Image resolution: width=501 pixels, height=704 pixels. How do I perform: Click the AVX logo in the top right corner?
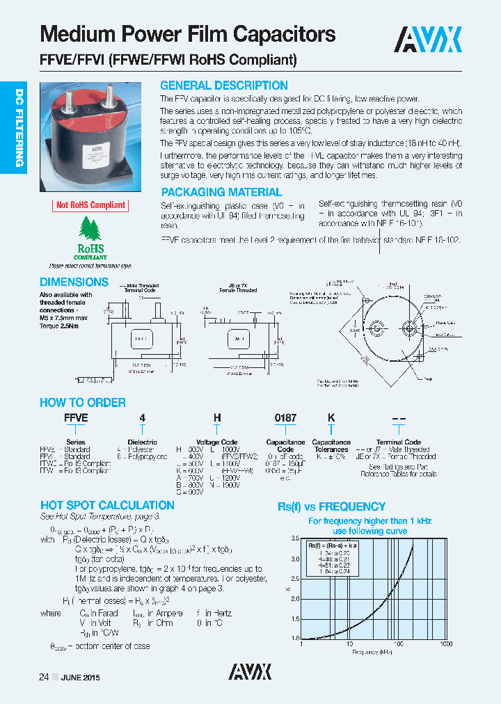[x=429, y=40]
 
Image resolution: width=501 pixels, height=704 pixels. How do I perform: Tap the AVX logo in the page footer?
[x=250, y=671]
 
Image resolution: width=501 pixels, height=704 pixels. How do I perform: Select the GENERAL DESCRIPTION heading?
[x=223, y=86]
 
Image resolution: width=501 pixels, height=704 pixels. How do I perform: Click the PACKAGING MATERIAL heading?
[x=221, y=192]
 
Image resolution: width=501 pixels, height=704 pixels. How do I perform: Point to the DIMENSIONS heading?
[x=74, y=282]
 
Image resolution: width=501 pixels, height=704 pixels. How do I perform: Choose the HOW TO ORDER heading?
[x=82, y=402]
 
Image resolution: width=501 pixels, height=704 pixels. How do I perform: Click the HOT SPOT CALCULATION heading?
[x=107, y=505]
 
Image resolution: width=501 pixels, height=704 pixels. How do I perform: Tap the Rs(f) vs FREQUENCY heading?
[x=331, y=506]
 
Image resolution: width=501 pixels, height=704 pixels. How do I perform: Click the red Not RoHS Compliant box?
[x=90, y=205]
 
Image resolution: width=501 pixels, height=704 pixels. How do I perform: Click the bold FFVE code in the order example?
[x=76, y=417]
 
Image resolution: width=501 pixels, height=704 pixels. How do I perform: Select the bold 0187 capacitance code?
[x=285, y=417]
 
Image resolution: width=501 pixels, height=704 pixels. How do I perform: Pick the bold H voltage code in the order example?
[x=217, y=417]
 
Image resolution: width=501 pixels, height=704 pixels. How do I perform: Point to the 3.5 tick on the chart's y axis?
[x=294, y=539]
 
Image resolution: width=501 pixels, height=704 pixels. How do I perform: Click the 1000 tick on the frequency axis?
[x=446, y=644]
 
